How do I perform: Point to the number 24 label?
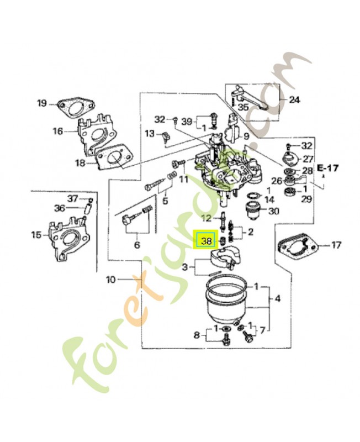pos(294,100)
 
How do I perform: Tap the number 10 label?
pos(111,280)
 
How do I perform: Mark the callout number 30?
pos(273,211)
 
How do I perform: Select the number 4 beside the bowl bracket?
pos(278,299)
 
